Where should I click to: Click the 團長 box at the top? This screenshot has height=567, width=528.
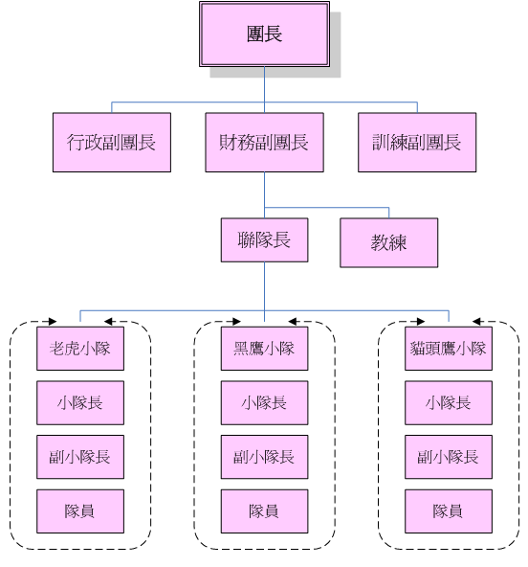(264, 34)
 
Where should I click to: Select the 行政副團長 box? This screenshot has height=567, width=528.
(112, 142)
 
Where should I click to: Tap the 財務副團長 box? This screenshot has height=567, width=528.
(264, 142)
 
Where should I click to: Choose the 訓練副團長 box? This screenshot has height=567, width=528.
(417, 142)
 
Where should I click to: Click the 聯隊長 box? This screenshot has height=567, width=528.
(264, 239)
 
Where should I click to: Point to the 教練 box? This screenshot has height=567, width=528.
(389, 242)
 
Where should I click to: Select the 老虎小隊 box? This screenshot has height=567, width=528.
(80, 349)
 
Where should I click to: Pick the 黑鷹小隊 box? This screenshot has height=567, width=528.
(264, 349)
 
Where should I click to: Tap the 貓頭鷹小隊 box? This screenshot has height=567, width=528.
(449, 349)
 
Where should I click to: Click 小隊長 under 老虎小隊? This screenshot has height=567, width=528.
(80, 402)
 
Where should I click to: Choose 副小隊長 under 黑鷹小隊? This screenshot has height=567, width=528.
(264, 457)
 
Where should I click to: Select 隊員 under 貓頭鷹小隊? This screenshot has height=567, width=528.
(449, 510)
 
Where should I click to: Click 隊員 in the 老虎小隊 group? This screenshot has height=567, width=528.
(80, 510)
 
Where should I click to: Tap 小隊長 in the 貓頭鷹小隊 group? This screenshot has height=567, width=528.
(449, 402)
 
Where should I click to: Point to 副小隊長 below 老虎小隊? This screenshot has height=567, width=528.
(80, 457)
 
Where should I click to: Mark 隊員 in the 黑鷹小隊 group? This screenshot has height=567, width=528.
(264, 510)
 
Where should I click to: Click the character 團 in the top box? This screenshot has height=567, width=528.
(255, 34)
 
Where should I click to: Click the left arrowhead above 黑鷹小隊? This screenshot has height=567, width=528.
(236, 321)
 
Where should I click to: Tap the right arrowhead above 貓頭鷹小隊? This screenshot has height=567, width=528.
(476, 321)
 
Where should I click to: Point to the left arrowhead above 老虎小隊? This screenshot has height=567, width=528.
(53, 321)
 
